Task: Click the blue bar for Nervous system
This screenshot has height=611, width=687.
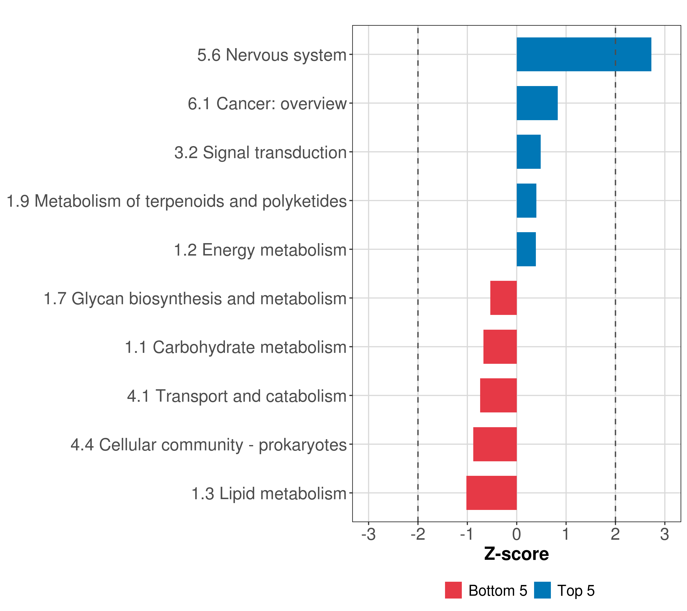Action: click(x=583, y=54)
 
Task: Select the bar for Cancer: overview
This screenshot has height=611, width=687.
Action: click(x=537, y=103)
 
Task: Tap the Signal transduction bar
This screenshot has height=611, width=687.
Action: click(x=528, y=152)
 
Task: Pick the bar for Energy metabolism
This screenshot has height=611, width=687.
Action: click(x=526, y=249)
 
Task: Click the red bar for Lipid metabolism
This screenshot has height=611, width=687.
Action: click(x=491, y=493)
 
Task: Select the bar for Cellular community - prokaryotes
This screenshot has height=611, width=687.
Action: click(x=495, y=444)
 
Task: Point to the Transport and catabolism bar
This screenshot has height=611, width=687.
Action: click(x=498, y=395)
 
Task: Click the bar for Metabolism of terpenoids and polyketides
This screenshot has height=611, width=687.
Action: click(x=526, y=201)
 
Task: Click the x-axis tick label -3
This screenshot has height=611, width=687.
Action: click(x=368, y=535)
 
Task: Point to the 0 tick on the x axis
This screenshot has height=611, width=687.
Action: click(x=517, y=535)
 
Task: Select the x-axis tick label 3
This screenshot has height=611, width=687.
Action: click(x=664, y=535)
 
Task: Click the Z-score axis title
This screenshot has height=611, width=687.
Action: click(x=516, y=554)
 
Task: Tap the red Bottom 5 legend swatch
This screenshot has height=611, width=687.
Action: click(x=453, y=590)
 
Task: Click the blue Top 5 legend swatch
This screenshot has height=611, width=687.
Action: click(x=542, y=590)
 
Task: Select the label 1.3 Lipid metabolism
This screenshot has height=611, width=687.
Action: click(x=269, y=494)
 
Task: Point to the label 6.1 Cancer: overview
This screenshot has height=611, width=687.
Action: click(x=267, y=104)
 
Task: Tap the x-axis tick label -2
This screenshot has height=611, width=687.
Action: click(x=418, y=535)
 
